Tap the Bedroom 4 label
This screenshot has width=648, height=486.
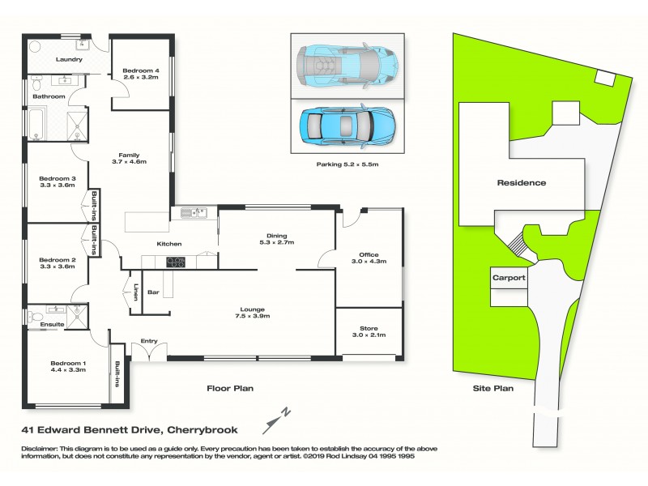[141, 71]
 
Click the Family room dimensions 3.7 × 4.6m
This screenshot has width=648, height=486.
[128, 162]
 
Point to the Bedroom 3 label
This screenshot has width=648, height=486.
[57, 178]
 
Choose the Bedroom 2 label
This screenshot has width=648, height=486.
[57, 260]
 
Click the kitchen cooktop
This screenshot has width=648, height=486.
[175, 262]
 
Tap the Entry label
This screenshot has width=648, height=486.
[149, 341]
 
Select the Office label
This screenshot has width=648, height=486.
[369, 254]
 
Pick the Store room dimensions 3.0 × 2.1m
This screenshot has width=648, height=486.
[369, 335]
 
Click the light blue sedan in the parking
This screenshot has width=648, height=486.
[346, 126]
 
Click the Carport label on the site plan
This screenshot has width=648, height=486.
[509, 278]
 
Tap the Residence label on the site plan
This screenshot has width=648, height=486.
[521, 183]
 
